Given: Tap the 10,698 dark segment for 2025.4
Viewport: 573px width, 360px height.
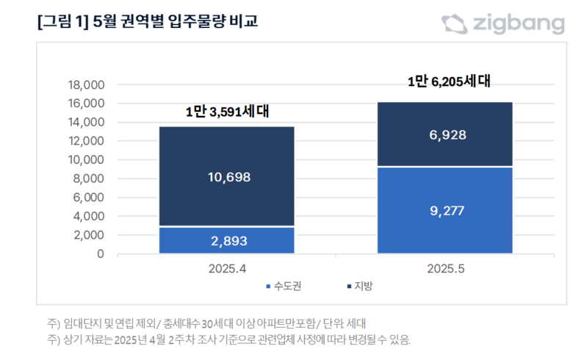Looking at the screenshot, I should (227, 176).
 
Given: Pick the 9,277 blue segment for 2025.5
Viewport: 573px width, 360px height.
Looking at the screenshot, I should (444, 210).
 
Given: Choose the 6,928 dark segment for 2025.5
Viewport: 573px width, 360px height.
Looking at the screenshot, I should (444, 134).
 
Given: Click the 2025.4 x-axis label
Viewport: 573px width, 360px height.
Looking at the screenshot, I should (227, 269).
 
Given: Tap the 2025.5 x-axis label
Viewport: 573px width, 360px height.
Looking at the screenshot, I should (445, 269).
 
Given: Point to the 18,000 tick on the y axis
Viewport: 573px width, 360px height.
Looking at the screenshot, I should (86, 84).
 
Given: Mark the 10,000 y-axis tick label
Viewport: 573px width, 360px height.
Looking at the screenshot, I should (86, 160).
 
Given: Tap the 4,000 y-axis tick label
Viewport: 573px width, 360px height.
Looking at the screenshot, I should (89, 217).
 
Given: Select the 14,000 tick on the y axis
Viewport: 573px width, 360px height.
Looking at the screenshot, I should (86, 122).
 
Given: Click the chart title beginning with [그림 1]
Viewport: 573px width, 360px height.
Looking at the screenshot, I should (147, 23).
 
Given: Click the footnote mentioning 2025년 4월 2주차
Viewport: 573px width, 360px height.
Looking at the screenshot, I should (228, 340).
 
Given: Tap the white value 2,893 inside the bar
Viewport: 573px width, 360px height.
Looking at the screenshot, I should (227, 241).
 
